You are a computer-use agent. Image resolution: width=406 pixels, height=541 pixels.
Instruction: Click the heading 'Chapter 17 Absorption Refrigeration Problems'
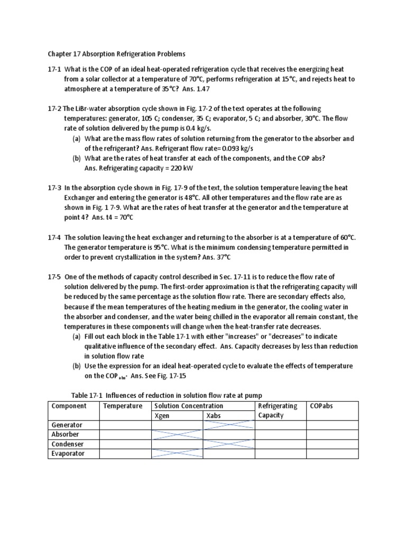(117, 54)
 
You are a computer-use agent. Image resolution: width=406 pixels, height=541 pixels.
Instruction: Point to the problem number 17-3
(55, 188)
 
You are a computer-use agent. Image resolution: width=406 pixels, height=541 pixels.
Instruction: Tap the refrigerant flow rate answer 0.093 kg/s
(243, 148)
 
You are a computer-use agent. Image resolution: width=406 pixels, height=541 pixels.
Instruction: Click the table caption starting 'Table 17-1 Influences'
(167, 395)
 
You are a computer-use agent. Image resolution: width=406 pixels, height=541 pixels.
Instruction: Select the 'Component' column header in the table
(68, 406)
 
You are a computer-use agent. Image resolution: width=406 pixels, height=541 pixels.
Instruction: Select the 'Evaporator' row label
(68, 453)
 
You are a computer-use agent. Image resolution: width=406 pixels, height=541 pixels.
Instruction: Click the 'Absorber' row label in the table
(65, 434)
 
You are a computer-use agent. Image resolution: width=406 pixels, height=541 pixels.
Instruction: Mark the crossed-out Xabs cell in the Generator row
(229, 425)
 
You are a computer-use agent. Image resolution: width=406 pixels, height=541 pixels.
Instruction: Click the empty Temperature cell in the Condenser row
(125, 444)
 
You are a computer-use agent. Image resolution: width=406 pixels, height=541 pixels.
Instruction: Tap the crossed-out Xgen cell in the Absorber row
(177, 434)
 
